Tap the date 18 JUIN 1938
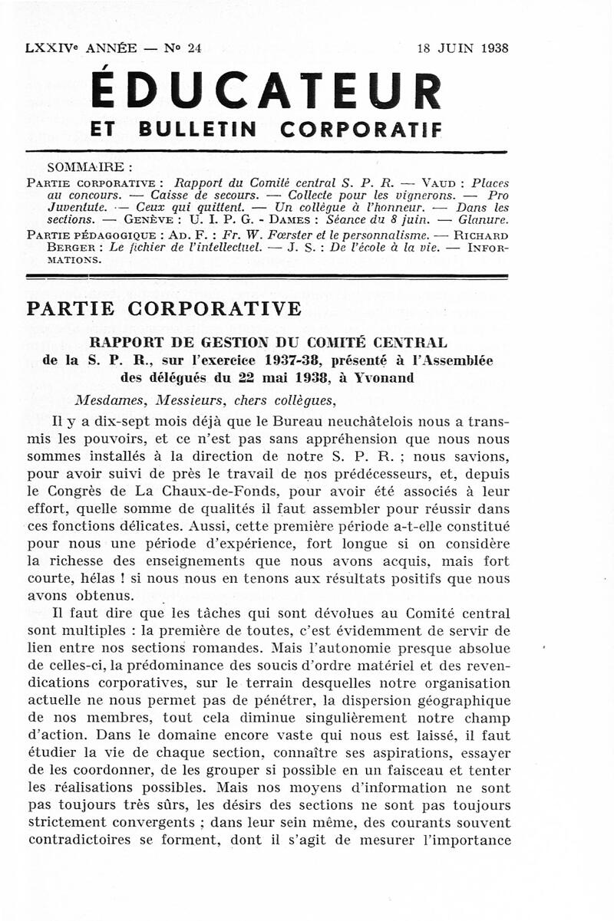click(x=463, y=48)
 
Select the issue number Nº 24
click(x=183, y=48)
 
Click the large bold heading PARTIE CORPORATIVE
click(x=165, y=309)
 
